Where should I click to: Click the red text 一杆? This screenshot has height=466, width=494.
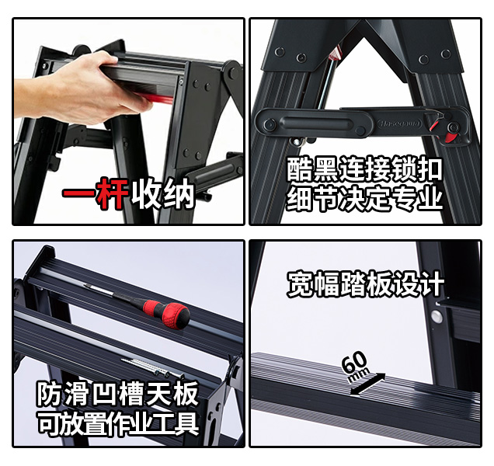click(x=96, y=193)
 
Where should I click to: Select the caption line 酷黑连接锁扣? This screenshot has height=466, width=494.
click(x=364, y=170)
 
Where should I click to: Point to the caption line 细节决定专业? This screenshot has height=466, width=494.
click(x=364, y=198)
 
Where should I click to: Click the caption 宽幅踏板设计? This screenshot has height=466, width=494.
click(x=366, y=283)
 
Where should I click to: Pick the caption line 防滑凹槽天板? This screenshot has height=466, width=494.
click(x=118, y=394)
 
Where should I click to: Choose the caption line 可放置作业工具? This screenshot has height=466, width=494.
click(x=118, y=423)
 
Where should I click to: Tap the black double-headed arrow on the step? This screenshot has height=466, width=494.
click(x=367, y=384)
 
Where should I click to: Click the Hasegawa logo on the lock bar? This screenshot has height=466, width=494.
click(x=399, y=123)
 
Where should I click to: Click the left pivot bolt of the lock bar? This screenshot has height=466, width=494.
click(x=270, y=124)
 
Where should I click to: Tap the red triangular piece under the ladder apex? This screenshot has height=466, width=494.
click(x=336, y=54)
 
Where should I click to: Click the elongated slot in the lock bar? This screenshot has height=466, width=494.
click(x=315, y=123)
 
